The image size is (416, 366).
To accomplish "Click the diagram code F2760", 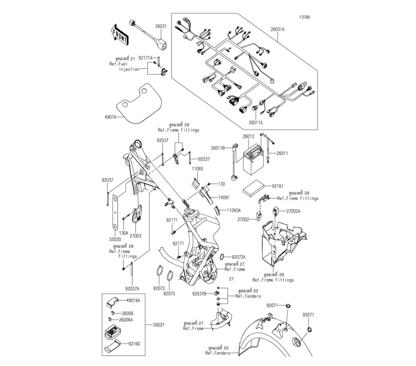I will [305, 17].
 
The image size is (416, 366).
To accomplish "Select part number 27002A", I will [293, 211].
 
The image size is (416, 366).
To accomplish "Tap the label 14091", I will [224, 198].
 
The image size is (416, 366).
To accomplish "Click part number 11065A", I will [234, 211].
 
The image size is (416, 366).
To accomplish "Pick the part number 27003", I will [136, 236].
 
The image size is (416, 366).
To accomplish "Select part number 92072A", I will [239, 257].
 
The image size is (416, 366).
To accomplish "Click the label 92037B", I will [199, 294].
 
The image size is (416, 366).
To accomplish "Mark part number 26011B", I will [217, 148].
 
